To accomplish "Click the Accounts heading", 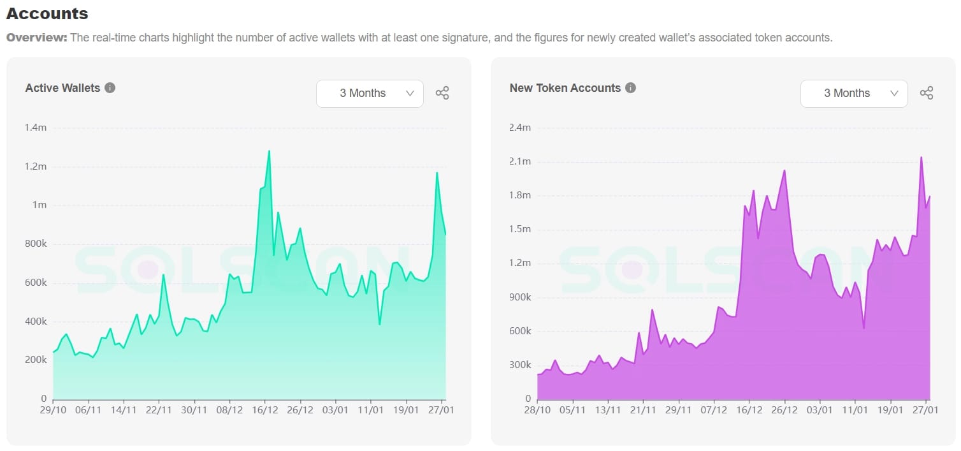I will pos(47,13).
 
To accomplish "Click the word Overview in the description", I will pos(36,38).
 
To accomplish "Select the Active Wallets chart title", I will pos(62,88).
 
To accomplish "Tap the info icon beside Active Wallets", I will pos(110,87).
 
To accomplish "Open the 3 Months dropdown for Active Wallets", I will pos(370,93).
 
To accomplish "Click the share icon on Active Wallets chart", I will pos(442,93).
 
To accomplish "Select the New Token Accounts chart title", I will pos(565,88).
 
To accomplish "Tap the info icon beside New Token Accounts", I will pos(630,87).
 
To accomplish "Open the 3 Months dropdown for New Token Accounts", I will pos(854,93).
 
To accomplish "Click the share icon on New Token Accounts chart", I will pos(927,93).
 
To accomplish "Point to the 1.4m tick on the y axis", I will pos(36,128).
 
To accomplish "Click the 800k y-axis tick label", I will pos(36,244).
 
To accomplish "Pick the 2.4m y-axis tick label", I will pos(520,128).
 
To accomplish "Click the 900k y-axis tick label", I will pos(520,297).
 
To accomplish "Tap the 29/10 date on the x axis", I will pos(53,410).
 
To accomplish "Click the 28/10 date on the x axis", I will pos(537,410).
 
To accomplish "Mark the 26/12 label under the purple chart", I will pos(784,410).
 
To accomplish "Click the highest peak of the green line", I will pos(269,151).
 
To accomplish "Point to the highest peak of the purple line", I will pos(921,157).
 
